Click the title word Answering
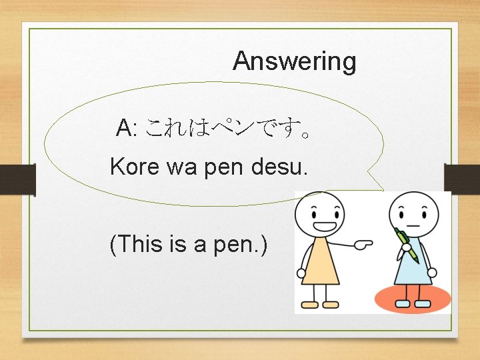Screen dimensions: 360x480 [x=294, y=61]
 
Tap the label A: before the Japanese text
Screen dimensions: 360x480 [x=127, y=127]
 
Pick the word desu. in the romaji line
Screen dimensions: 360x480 [x=280, y=166]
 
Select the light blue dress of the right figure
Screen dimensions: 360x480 [x=413, y=270]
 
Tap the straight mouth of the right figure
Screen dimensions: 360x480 [x=413, y=226]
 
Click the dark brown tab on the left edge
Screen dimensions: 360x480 [x=17, y=178]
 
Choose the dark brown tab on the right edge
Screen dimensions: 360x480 [x=462, y=178]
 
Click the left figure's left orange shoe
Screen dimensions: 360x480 [x=310, y=305]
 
